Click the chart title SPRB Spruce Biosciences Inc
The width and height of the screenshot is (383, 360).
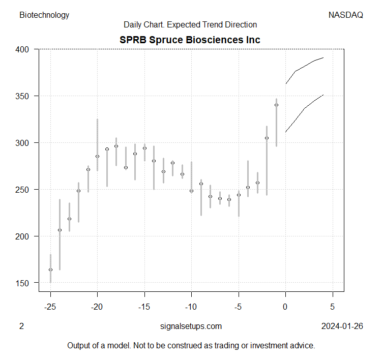190,40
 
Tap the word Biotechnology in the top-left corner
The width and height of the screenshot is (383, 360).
44,15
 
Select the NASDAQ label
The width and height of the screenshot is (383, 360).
346,15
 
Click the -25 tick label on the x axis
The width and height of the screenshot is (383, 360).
50,307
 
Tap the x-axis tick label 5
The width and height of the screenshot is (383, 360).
333,307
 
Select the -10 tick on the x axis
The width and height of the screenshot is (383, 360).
192,307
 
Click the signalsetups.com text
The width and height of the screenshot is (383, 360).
191,326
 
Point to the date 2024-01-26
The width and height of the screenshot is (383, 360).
342,326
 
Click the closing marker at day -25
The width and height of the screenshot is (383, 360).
50,269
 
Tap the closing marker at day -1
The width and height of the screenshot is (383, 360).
277,105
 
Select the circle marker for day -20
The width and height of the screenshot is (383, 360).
98,156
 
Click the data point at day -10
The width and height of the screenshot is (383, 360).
192,191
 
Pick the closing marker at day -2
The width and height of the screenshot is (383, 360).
267,138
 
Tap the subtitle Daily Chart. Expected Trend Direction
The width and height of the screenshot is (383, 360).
190,24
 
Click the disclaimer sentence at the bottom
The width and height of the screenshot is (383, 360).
191,345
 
